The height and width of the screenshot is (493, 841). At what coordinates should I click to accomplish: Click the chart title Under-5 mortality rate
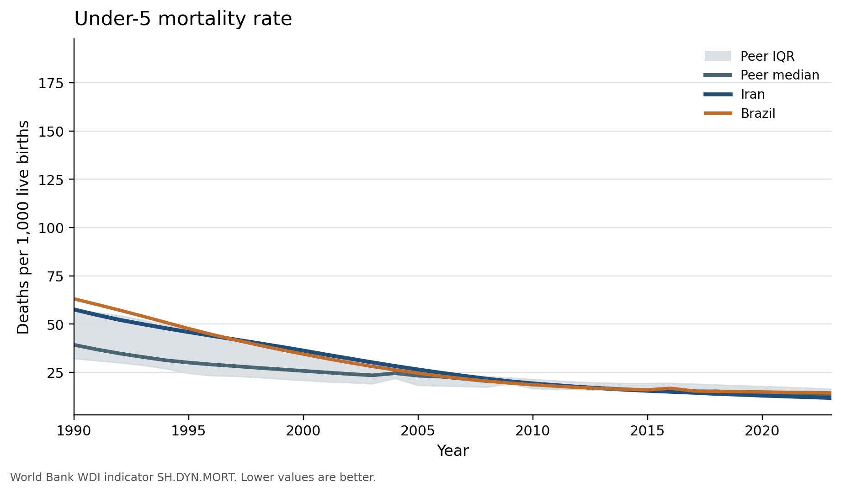183,19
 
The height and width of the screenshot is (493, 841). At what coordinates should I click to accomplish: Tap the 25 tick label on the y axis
54,373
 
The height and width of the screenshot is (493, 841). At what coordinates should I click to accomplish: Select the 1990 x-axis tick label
74,431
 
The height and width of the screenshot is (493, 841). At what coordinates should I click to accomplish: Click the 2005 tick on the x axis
418,431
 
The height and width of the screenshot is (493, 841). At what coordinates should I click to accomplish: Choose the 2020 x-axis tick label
762,431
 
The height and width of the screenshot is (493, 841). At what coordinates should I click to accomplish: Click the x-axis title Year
452,451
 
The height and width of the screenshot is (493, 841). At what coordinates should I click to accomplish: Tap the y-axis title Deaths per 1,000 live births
23,227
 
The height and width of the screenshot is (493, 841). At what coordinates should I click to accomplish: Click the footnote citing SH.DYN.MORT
193,477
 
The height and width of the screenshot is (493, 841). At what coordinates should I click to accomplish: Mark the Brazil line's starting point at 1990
75,299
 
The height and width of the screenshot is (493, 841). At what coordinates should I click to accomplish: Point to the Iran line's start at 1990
75,309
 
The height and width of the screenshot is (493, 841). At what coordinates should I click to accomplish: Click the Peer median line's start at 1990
75,345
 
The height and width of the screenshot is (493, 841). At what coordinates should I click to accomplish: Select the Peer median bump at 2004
395,373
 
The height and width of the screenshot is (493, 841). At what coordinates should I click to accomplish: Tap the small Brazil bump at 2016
670,388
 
